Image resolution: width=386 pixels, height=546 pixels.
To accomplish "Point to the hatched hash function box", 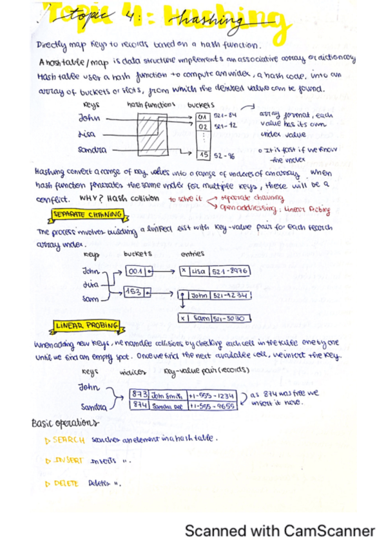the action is click(x=151, y=136).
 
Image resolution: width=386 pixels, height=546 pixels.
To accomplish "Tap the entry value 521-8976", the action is click(x=230, y=272).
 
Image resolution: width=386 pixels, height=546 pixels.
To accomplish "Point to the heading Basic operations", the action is click(x=64, y=423).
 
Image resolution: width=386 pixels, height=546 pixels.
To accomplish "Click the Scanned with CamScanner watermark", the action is click(x=280, y=531).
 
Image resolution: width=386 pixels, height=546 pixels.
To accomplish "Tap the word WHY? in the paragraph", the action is click(x=95, y=198).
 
